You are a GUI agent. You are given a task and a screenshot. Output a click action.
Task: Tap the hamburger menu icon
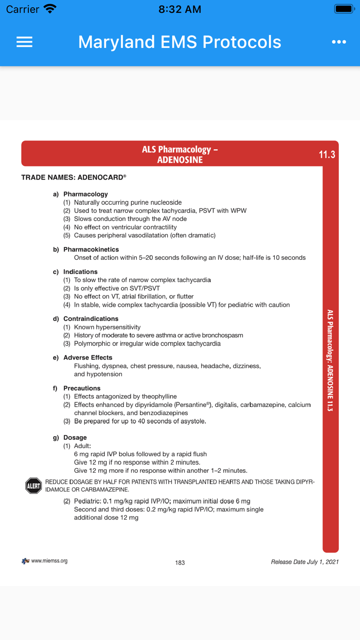point(24,42)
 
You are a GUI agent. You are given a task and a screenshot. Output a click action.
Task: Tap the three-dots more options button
point(339,42)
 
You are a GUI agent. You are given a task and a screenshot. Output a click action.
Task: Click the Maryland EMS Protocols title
point(179,42)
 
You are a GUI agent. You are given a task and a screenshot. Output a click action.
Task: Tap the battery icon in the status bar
point(344,9)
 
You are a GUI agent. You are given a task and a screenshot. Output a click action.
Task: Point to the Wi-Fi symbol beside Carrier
point(50,9)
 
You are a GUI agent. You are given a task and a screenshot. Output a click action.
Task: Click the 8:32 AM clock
point(179,9)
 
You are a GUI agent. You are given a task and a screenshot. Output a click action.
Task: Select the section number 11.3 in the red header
point(327,154)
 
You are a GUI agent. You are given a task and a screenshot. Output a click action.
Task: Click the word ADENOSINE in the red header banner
point(180,160)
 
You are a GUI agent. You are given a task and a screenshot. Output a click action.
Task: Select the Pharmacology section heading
point(85,194)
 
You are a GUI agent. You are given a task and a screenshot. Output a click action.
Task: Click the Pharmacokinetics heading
point(91,250)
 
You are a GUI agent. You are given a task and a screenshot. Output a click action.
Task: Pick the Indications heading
point(80,272)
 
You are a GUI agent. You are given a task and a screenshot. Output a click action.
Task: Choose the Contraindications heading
point(91,319)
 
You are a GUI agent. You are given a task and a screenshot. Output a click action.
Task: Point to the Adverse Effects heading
point(88,358)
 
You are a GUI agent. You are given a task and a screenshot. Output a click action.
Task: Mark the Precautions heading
point(82,388)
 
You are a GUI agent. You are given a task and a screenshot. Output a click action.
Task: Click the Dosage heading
point(75,438)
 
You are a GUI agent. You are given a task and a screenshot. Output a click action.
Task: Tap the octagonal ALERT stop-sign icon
point(33,486)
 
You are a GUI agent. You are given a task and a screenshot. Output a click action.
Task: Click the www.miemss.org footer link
point(49,561)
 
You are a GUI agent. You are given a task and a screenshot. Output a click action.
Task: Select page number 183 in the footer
point(180,563)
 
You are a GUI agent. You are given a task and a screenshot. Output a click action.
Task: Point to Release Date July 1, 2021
point(304,562)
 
